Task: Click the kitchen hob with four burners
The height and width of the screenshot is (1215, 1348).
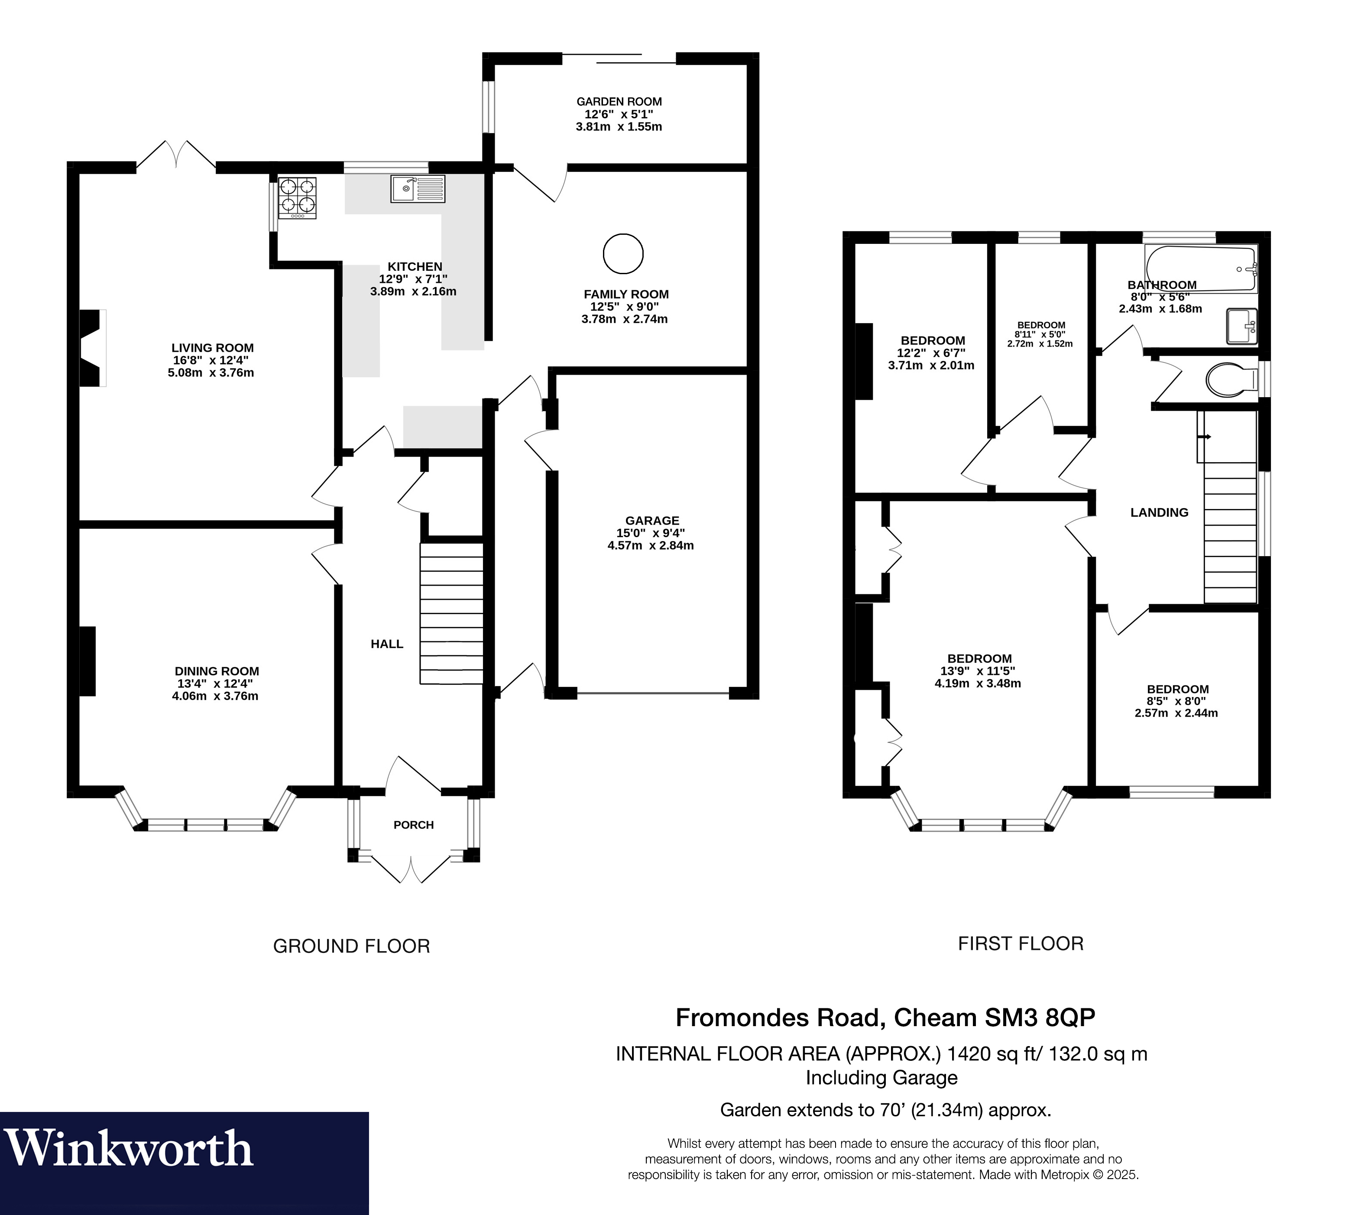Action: point(297,197)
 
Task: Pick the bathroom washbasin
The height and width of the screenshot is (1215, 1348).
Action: point(1242,327)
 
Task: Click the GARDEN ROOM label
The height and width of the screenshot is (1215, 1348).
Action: point(619,101)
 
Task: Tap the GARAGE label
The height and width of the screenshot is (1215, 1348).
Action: point(652,520)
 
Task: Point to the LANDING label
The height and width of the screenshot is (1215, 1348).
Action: point(1159,512)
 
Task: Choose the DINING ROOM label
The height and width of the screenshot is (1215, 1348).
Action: point(217,671)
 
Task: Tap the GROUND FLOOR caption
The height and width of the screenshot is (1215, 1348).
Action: point(351,946)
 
